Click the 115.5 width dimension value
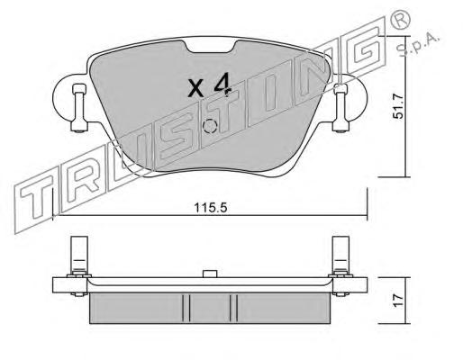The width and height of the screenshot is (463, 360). [211, 208]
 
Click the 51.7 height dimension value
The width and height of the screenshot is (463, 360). [399, 106]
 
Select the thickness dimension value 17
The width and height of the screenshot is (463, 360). [399, 301]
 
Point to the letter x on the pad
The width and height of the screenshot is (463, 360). [195, 88]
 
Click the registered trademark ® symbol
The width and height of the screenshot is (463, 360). [401, 21]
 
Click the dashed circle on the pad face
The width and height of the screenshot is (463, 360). [209, 126]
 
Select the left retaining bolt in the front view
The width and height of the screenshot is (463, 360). [79, 108]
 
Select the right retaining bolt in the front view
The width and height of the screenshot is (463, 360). [340, 108]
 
